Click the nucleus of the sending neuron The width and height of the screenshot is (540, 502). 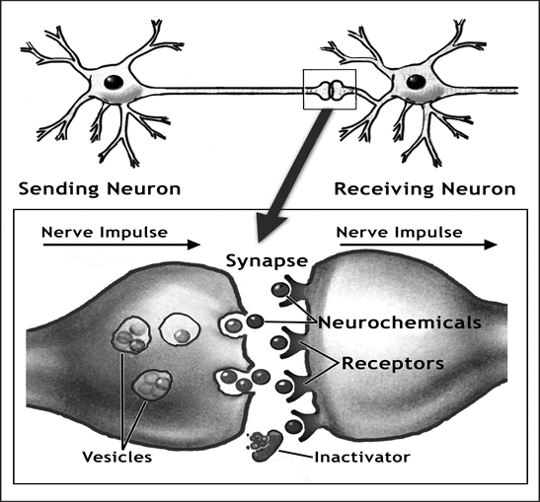(x=114, y=82)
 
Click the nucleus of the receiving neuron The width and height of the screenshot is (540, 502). (x=416, y=82)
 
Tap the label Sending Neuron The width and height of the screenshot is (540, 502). (x=100, y=189)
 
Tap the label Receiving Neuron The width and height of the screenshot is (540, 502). (x=424, y=189)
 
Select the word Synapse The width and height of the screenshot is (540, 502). (x=267, y=261)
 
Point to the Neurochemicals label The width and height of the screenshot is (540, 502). (x=400, y=323)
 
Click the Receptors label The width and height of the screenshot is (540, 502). (x=393, y=364)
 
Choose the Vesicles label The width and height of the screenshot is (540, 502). (x=117, y=457)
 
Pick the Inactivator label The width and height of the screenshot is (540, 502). (x=362, y=458)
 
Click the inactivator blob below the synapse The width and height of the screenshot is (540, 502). (x=266, y=446)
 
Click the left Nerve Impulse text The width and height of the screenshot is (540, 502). (x=105, y=233)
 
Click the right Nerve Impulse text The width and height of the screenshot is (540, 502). (x=399, y=233)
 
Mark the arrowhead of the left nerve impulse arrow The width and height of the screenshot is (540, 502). (x=193, y=245)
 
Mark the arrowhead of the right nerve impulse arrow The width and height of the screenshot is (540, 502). (x=491, y=245)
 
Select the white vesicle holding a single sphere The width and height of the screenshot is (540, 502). (x=180, y=328)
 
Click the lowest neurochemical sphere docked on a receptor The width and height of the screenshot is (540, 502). (x=294, y=427)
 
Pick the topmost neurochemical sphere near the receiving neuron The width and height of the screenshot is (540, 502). (x=280, y=290)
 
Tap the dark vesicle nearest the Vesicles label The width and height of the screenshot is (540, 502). (x=151, y=385)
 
